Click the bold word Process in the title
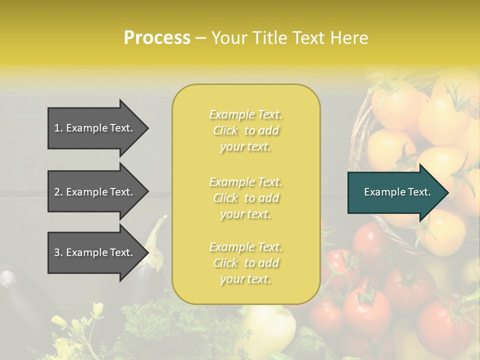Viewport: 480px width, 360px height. click(157, 38)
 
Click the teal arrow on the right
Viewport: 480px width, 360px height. click(395, 192)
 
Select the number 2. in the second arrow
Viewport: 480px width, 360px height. click(58, 192)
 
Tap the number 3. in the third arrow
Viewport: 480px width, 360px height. click(58, 252)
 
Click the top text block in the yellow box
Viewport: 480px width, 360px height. click(246, 130)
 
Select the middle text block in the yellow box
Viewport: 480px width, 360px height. click(246, 198)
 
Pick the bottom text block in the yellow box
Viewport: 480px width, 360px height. click(246, 263)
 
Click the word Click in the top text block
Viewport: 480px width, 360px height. click(225, 130)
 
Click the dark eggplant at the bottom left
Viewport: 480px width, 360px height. click(20, 300)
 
